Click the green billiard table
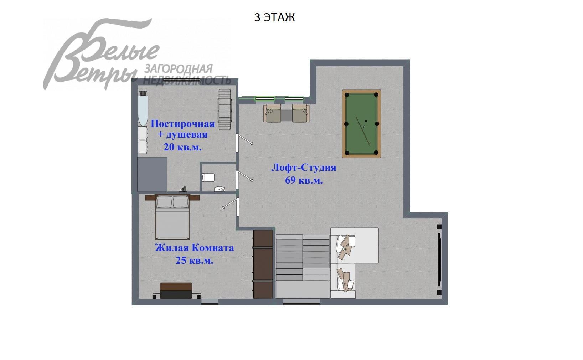tap(361, 124)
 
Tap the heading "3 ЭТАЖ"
tap(274, 17)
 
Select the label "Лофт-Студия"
tap(304, 168)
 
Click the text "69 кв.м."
tap(304, 180)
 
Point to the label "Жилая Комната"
tap(194, 248)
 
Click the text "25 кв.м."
tap(194, 261)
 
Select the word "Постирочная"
tap(182, 124)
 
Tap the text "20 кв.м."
tap(182, 147)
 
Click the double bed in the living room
tap(172, 217)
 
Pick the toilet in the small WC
tap(208, 177)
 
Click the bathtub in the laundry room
tap(143, 108)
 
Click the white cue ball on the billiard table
tap(364, 127)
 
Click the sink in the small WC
tap(220, 189)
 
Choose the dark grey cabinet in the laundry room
tap(152, 174)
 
